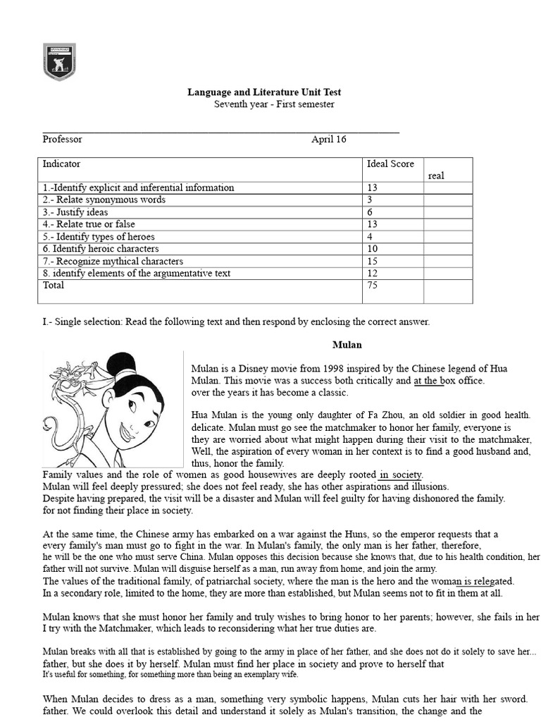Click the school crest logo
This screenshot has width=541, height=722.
coord(59,61)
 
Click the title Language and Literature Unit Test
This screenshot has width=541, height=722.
coord(263,92)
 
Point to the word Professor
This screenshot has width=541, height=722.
coord(62,140)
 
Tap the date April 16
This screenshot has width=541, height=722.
coord(329,140)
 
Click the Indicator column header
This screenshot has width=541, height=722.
coord(61,164)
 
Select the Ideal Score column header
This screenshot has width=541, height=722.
coord(390,164)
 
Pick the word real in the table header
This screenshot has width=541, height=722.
coord(436,176)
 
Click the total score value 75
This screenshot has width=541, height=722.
coord(373,286)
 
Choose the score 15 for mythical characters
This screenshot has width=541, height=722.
coord(373,262)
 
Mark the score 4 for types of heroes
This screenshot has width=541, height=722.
coord(370,237)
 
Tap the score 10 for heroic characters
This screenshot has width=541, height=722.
coord(373,249)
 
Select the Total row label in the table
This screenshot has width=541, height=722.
coord(54,286)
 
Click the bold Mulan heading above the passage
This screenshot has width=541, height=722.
coord(347,345)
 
